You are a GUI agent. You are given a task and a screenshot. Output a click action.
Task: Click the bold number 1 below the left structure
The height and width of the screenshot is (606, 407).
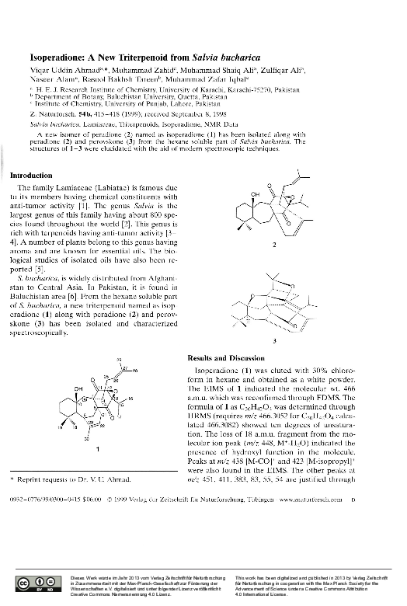pyautogui.click(x=98, y=449)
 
